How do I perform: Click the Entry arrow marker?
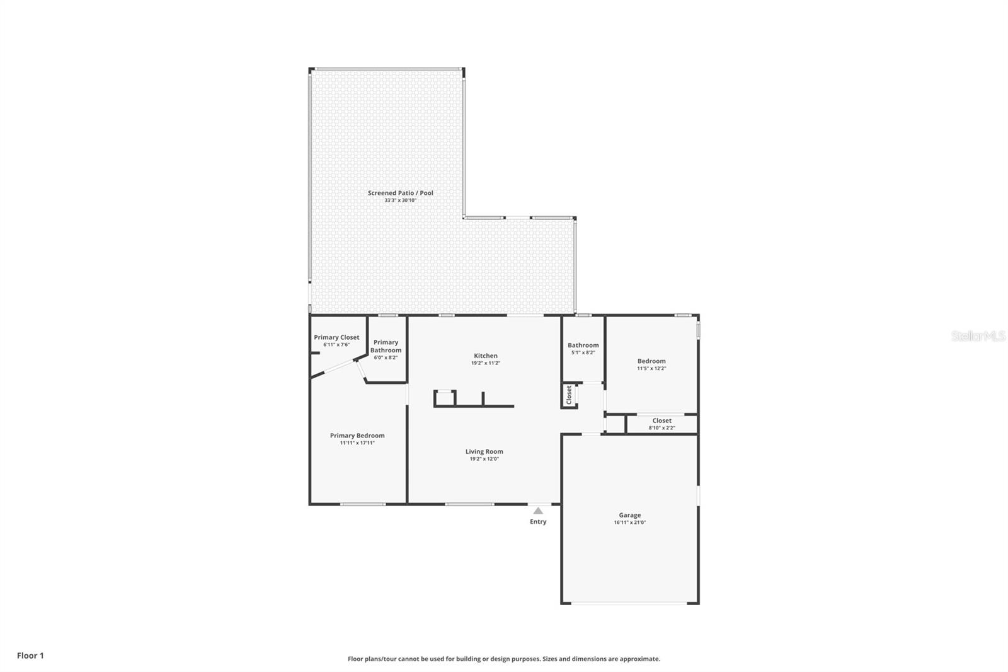pos(537,511)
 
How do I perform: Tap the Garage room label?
pos(629,515)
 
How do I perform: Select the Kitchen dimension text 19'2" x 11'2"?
pos(485,363)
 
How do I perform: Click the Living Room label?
pos(484,451)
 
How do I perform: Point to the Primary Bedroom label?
pos(357,436)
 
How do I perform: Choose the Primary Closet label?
pos(336,337)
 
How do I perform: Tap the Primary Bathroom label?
pos(386,346)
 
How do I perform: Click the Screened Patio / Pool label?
pos(400,193)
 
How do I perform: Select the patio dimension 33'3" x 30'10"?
pos(400,200)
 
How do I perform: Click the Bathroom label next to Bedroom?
pos(583,345)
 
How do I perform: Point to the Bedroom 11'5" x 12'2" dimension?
pos(651,368)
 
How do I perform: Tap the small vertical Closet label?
pos(569,395)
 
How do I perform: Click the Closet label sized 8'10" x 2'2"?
pos(661,420)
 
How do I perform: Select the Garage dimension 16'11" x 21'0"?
pos(629,523)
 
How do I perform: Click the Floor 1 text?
pos(30,656)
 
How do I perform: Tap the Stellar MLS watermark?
pos(978,336)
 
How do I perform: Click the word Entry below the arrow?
pos(538,521)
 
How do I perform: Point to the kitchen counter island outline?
pos(474,405)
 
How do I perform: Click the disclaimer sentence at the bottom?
pos(503,659)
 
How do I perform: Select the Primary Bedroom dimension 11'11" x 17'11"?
pos(357,443)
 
